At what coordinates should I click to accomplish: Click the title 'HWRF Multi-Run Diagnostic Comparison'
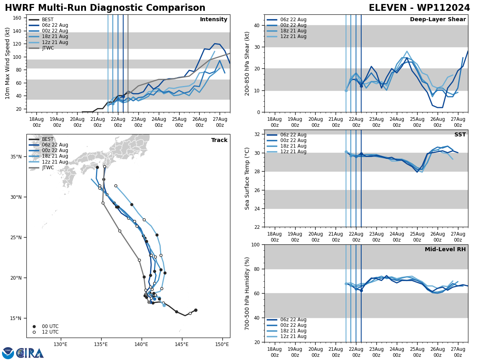coord(105,8)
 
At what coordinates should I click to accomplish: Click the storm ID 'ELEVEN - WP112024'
coord(419,8)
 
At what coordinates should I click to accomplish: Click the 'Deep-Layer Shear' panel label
coord(438,20)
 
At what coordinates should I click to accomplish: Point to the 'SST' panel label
coord(460,135)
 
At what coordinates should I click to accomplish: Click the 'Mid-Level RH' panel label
coord(445,250)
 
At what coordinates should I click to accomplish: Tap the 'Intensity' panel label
coord(214,20)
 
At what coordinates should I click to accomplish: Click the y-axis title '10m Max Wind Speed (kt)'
coord(8,63)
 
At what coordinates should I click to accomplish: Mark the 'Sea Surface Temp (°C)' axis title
coord(247,178)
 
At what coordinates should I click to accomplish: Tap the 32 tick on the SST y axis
coord(258,134)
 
